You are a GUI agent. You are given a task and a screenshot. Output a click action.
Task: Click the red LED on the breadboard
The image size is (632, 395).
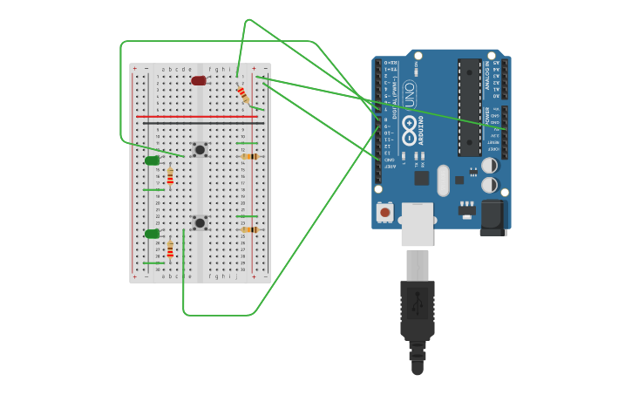(x=199, y=81)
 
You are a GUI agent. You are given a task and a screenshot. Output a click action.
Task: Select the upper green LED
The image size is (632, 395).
(x=152, y=160)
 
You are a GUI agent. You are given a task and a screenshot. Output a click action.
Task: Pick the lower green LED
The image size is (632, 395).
(x=152, y=234)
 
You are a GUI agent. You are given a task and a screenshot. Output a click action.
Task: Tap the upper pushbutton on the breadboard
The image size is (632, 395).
(x=200, y=150)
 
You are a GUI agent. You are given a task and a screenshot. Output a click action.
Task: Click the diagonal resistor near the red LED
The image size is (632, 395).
(x=242, y=94)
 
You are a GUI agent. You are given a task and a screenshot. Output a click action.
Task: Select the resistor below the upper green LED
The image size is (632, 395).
(x=170, y=178)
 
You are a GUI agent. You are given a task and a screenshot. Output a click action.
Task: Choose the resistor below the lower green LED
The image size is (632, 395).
(x=170, y=249)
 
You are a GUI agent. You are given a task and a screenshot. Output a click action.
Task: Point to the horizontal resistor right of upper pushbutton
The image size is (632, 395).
(x=250, y=157)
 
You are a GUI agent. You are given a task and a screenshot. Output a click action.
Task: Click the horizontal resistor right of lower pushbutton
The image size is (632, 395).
(x=250, y=229)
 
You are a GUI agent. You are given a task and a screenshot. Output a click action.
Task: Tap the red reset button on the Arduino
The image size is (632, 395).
(x=384, y=211)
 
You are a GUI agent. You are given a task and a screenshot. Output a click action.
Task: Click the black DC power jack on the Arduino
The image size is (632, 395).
(x=493, y=217)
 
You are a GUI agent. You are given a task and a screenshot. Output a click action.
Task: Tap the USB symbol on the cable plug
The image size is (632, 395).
(x=418, y=303)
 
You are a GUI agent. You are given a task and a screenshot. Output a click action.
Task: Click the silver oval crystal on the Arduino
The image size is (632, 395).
(x=443, y=180)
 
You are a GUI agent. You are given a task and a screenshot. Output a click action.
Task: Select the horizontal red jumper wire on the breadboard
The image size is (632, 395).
(x=196, y=116)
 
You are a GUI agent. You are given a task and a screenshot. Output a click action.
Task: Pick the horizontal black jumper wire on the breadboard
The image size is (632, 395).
(x=196, y=123)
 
